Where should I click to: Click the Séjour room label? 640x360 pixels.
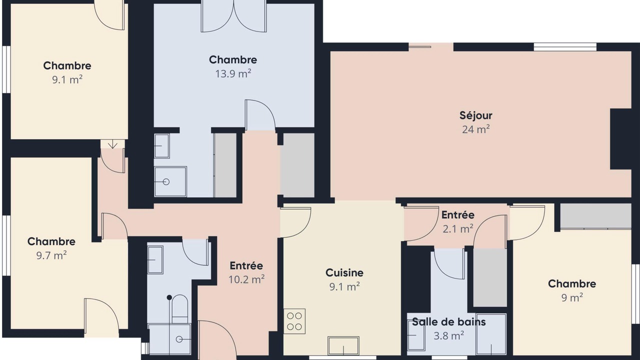point(475,115)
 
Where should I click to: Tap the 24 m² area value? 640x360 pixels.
point(475,129)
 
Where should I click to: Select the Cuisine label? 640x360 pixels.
point(344,272)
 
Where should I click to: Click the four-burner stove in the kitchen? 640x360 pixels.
point(294,321)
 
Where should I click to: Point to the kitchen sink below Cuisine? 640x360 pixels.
point(343,345)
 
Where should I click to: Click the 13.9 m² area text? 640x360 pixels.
point(233,73)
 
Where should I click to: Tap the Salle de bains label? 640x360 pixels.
point(448,322)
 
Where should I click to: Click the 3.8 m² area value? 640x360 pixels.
point(448,335)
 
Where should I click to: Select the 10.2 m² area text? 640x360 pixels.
point(246,279)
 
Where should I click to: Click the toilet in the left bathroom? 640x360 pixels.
point(179,309)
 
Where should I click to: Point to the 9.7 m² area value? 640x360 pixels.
point(51,255)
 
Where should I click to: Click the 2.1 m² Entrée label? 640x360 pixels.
point(457,215)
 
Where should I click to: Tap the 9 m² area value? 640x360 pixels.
point(572,297)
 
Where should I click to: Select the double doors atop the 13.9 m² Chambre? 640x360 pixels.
point(233,16)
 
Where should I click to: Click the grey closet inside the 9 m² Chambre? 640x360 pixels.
point(595,216)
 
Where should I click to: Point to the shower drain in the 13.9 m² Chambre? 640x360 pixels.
point(166,181)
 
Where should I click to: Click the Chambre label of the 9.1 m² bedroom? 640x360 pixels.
point(67,65)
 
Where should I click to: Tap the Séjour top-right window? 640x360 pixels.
point(565,47)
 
